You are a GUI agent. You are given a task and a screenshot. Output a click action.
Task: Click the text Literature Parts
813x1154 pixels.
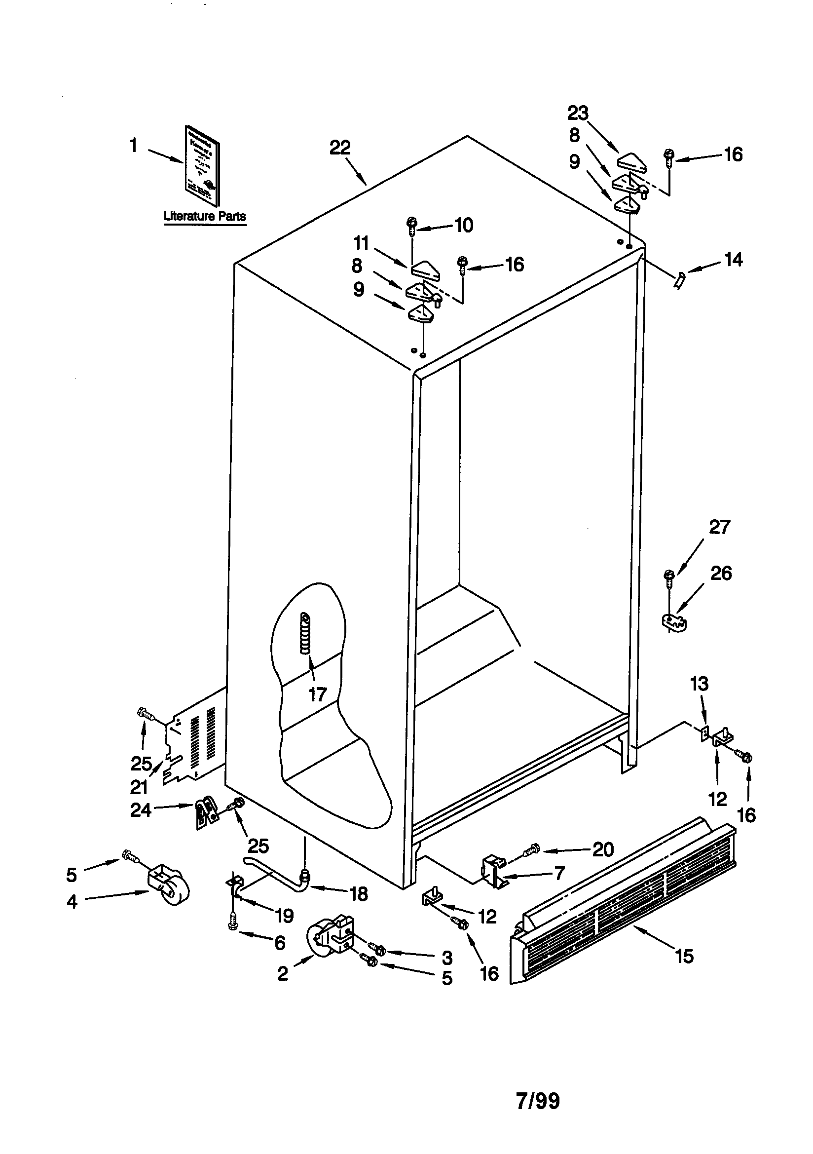tap(205, 217)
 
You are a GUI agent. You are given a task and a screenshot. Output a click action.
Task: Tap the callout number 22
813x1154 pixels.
tap(340, 148)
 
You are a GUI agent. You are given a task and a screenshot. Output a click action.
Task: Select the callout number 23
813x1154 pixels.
tap(578, 113)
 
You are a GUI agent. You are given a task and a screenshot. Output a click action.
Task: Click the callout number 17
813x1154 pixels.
tap(317, 694)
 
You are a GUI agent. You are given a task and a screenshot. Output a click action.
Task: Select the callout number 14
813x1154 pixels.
tap(733, 260)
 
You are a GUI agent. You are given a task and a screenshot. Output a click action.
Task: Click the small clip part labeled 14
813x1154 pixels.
tap(679, 279)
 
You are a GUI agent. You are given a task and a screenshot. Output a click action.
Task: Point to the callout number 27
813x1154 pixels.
tap(719, 527)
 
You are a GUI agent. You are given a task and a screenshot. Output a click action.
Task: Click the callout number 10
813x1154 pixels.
tap(463, 225)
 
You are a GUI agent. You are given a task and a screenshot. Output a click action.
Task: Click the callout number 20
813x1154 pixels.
tap(603, 849)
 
